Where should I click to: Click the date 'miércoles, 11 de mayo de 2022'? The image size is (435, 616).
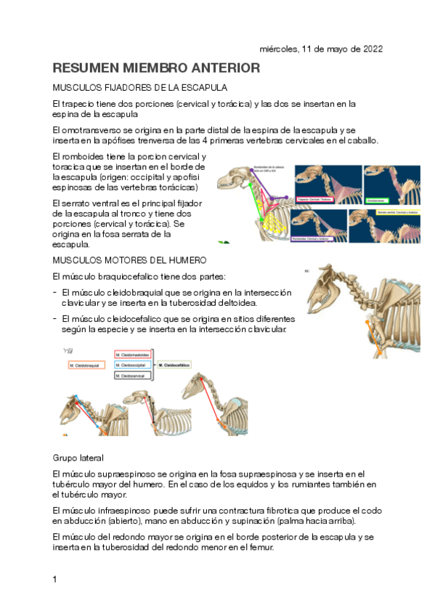click(x=321, y=49)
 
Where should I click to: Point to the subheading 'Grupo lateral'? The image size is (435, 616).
click(x=78, y=458)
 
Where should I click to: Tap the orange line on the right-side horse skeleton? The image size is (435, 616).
click(x=376, y=331)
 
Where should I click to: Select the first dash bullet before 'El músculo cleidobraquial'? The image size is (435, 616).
click(x=55, y=292)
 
